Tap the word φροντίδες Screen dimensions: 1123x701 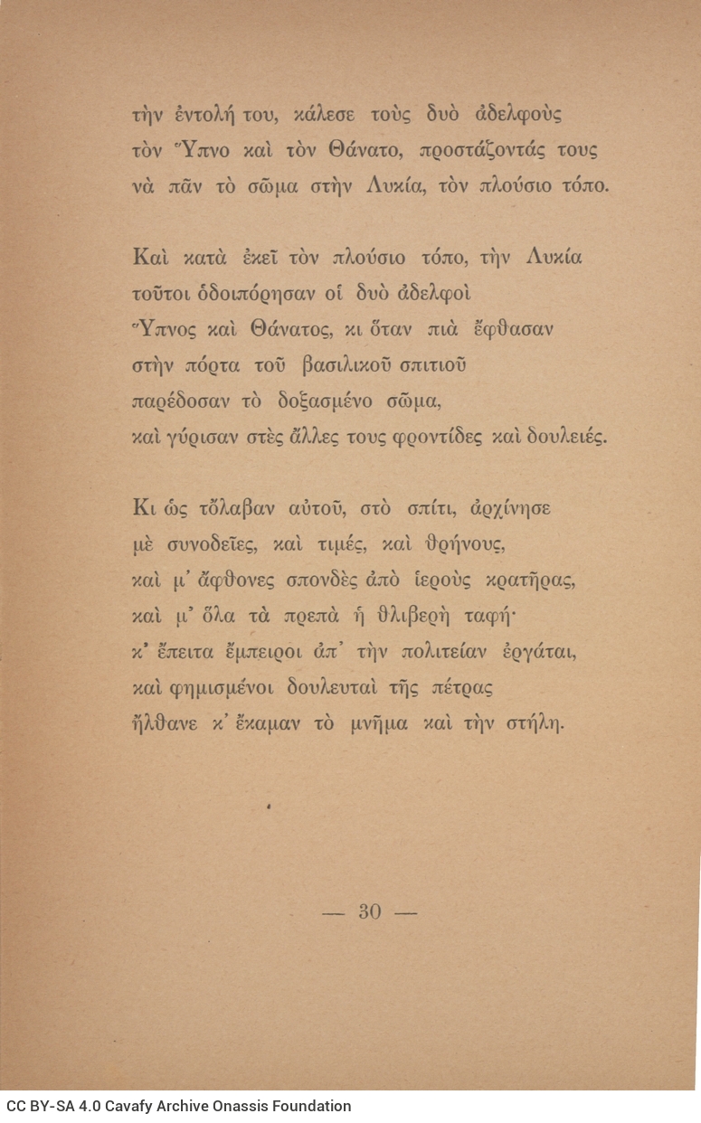432,436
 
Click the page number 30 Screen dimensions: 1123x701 369,911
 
